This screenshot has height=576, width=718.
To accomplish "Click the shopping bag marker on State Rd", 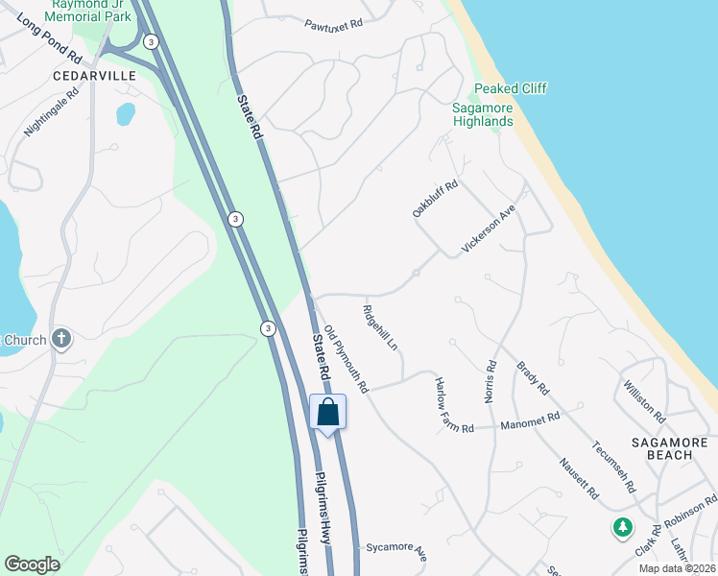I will point(327,413).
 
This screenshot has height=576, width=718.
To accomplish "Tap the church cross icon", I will point(60,338).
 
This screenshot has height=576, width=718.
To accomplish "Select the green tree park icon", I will point(623,527).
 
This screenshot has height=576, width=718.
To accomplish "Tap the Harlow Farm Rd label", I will point(454,403).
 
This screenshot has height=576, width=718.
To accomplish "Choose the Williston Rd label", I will point(644,400).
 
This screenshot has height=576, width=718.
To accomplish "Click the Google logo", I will point(32,564).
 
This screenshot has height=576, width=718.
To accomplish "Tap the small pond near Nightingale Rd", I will point(126,113).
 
